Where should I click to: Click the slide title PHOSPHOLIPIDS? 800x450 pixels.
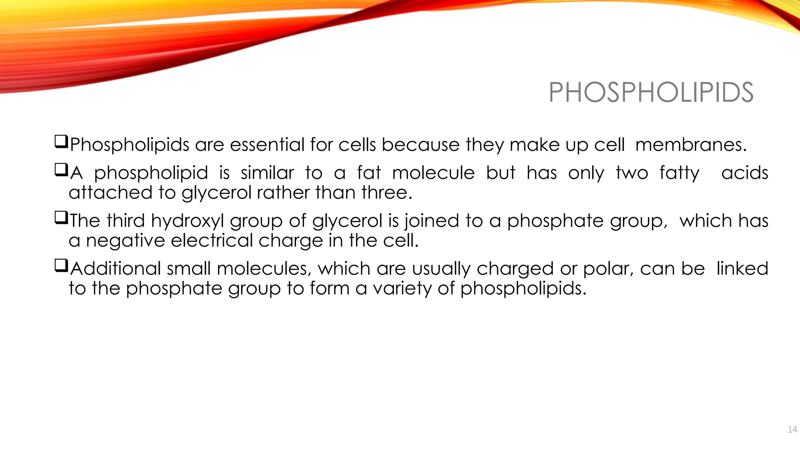click(651, 93)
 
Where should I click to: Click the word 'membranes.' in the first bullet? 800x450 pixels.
click(691, 145)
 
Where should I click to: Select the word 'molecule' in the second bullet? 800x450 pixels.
click(433, 173)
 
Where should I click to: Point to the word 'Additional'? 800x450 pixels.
click(116, 269)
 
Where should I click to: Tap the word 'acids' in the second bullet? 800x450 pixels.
click(745, 173)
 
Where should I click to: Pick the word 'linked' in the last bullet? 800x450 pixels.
click(742, 269)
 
